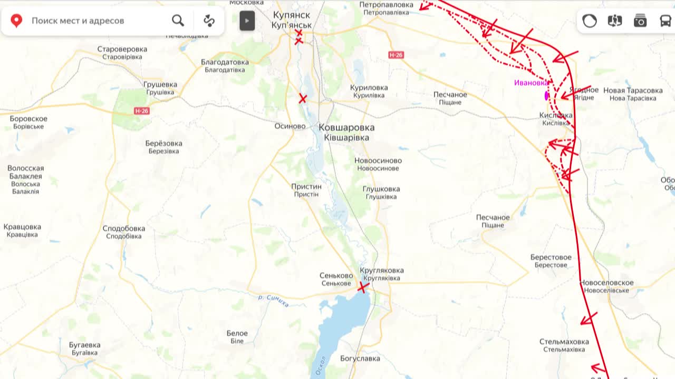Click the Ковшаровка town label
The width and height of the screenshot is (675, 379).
346,127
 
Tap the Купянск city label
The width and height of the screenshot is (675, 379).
292,15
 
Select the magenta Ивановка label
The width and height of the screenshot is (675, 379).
531,83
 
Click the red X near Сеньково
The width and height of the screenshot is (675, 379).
363,287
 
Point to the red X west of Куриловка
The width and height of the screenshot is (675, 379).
303,98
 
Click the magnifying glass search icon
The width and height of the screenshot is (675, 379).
178,21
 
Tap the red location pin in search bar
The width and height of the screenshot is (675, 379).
16,21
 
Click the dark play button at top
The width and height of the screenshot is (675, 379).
247,21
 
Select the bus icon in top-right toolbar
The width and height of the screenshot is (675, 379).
666,21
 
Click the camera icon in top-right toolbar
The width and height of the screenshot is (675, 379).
640,21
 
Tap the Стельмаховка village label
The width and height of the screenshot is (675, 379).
564,342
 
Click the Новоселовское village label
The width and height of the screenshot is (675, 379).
606,283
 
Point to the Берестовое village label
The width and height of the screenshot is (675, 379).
551,257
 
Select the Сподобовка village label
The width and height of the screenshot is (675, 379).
124,228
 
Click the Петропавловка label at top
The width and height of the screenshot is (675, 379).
386,5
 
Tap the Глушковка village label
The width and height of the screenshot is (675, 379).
381,189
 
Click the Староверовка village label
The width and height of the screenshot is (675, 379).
122,49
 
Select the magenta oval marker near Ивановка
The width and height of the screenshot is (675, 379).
547,96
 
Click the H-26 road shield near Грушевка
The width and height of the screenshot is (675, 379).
142,111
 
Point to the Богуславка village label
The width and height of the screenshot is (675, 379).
360,358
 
